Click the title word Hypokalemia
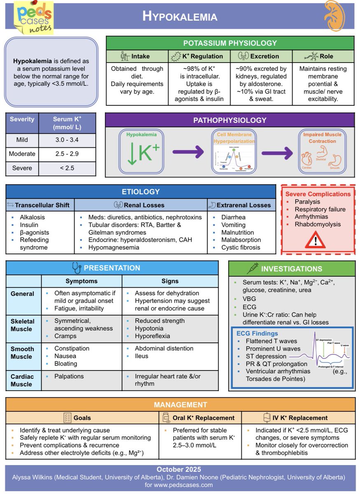point(180,16)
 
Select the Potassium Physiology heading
point(230,43)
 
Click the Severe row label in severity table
point(22,168)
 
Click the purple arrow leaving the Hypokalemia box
point(188,152)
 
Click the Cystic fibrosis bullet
point(241,247)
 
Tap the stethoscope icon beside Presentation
point(77,268)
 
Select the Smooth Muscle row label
point(22,352)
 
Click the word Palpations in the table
point(69,376)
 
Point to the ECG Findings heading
point(257,333)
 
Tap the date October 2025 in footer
point(179,469)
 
